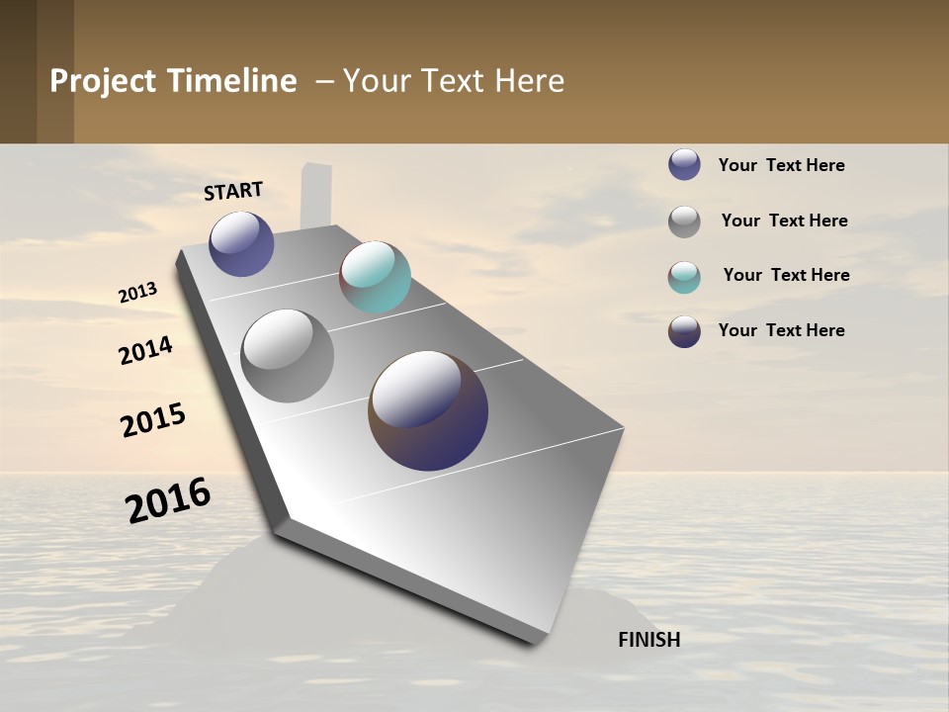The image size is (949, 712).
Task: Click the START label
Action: tap(233, 191)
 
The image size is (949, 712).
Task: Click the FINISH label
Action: tap(648, 640)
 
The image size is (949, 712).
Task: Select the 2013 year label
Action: tap(137, 293)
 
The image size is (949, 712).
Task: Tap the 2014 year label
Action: tap(145, 351)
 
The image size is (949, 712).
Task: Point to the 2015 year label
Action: tap(153, 420)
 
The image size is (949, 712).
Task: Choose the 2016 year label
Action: tap(168, 500)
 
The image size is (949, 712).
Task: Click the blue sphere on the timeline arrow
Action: tap(241, 244)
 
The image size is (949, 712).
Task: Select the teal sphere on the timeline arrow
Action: tap(375, 277)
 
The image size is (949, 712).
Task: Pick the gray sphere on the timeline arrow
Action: tap(288, 356)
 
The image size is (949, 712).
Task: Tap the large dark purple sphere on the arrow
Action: tap(428, 410)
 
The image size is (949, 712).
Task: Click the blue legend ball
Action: tap(684, 164)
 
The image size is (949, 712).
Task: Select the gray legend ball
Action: tap(684, 222)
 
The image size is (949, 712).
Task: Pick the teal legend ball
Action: tap(684, 277)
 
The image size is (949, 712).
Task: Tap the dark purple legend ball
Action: tap(684, 331)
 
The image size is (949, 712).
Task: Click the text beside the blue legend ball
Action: tap(781, 165)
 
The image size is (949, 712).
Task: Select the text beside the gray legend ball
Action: tap(784, 221)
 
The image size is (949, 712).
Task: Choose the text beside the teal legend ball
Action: tap(786, 275)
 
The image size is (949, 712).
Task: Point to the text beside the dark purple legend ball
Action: tap(781, 330)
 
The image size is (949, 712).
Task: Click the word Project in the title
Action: tap(104, 81)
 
